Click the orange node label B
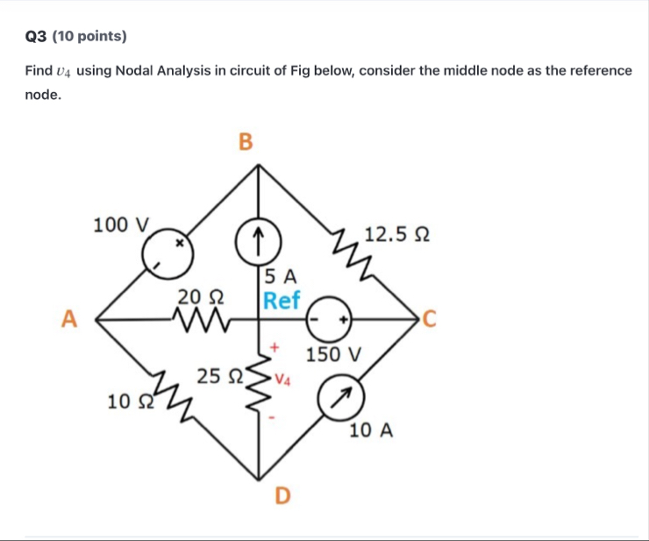tap(245, 141)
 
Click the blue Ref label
tap(282, 301)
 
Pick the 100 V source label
tap(124, 225)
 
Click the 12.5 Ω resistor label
tap(396, 235)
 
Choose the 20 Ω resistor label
tap(199, 297)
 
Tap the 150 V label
tap(333, 356)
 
